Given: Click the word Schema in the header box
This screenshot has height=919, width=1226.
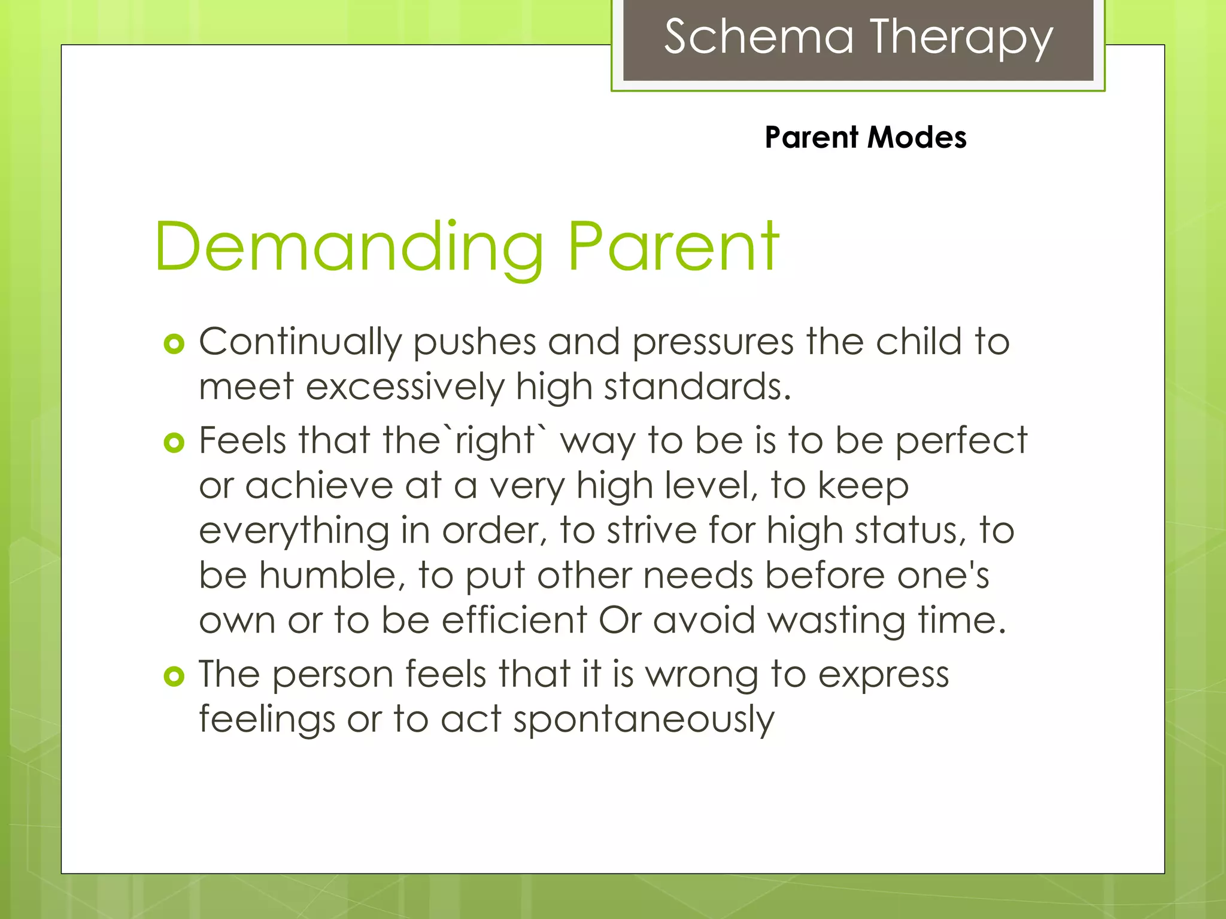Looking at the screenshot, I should (x=758, y=37).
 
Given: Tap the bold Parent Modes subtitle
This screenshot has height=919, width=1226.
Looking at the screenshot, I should (x=865, y=138).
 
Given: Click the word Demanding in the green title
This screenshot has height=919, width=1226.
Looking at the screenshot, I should (x=349, y=247).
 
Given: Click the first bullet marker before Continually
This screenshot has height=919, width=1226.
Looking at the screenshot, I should (x=174, y=344).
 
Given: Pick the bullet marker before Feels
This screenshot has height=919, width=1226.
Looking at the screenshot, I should (x=174, y=443).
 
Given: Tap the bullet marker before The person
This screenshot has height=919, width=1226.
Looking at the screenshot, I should (x=174, y=676).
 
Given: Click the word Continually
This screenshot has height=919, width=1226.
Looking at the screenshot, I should (x=300, y=342).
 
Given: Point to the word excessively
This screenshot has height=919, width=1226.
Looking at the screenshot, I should (x=405, y=387).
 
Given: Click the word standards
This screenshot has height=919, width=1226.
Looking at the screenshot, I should (x=697, y=387).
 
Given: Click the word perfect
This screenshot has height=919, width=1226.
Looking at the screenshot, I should (x=961, y=441).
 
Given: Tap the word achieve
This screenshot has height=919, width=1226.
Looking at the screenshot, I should (x=318, y=486).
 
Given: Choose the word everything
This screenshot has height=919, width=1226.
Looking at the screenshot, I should (x=294, y=531).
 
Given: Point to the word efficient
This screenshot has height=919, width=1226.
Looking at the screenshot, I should (x=514, y=620).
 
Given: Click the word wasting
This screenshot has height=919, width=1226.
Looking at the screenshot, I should (x=836, y=620).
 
